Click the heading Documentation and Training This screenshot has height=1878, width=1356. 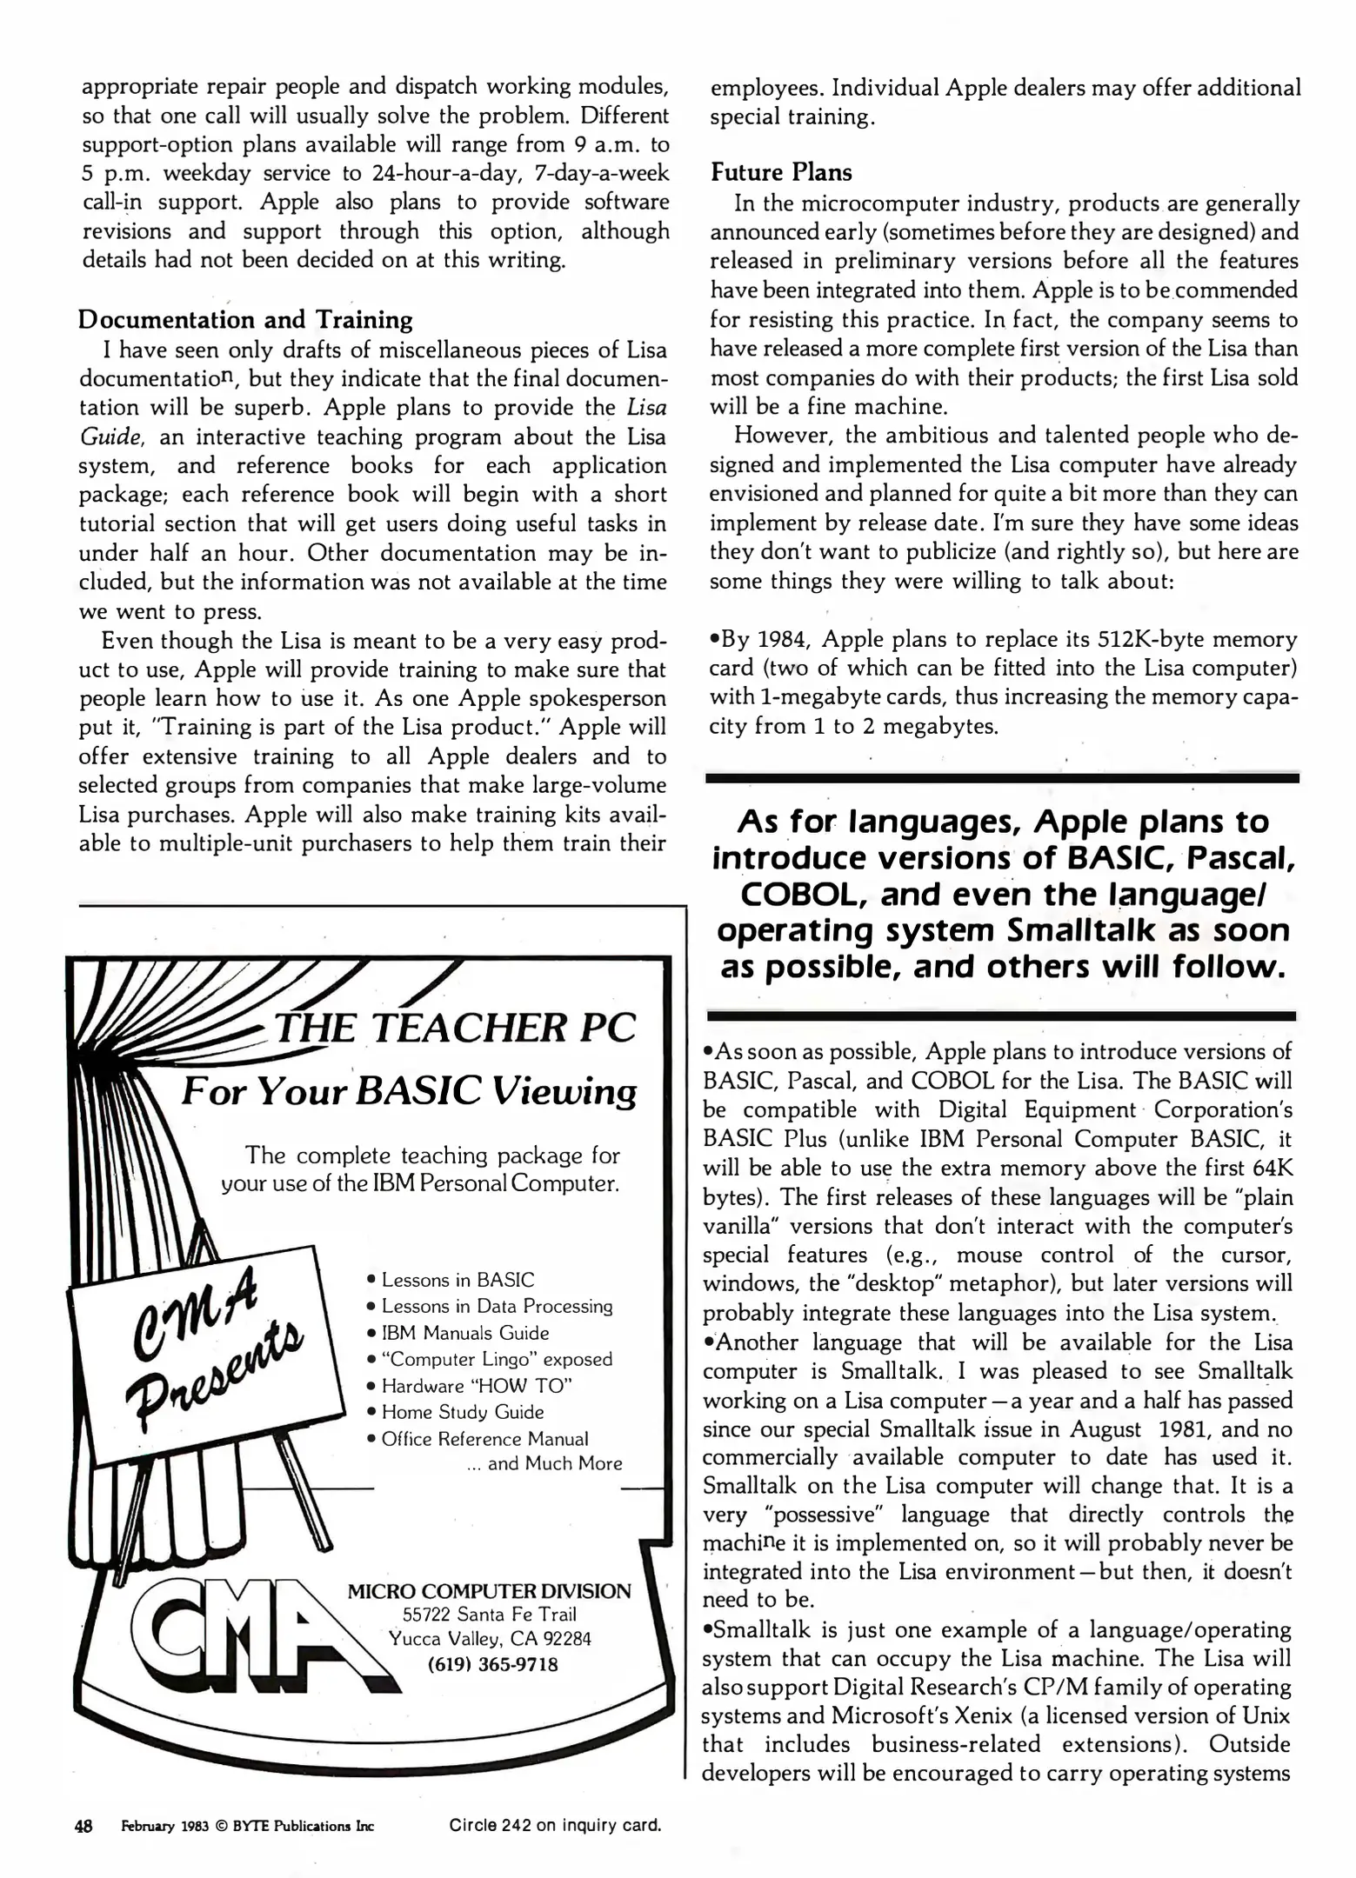click(x=245, y=320)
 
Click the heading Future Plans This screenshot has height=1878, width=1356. click(x=780, y=172)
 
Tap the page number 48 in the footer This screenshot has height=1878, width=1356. click(x=83, y=1826)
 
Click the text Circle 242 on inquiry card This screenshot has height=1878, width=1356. click(x=555, y=1825)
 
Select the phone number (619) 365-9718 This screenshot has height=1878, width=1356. click(x=492, y=1665)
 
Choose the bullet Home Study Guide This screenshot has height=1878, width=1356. click(x=462, y=1412)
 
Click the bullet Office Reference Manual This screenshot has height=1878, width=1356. click(x=484, y=1439)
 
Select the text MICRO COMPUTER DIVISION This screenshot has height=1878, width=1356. click(x=489, y=1592)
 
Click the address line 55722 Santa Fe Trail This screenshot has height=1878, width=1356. click(x=489, y=1615)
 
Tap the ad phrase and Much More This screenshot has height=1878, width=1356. click(x=554, y=1464)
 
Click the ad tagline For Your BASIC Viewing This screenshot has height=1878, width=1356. click(x=409, y=1091)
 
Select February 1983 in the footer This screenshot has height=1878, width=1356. click(x=164, y=1827)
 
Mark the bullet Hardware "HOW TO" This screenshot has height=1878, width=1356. click(x=476, y=1386)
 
